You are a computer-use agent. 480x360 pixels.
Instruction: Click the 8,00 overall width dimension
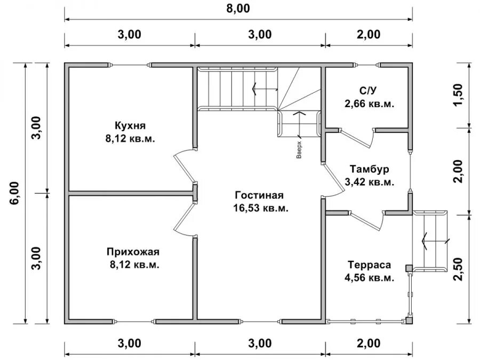[x=238, y=8]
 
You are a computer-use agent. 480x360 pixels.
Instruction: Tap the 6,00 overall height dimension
[x=15, y=193]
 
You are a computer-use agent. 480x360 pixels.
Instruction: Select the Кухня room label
[x=130, y=126]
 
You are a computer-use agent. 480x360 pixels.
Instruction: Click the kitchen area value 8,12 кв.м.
[x=130, y=139]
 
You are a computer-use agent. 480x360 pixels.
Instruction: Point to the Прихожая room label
[x=133, y=252]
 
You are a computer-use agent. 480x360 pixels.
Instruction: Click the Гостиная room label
[x=260, y=195]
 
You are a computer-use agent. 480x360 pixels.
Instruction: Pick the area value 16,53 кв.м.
[x=261, y=208]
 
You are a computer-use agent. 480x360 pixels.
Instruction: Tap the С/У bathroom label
[x=368, y=91]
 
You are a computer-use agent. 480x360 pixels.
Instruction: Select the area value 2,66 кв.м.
[x=370, y=104]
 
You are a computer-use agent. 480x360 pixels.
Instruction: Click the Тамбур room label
[x=370, y=169]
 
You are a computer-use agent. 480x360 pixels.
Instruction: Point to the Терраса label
[x=370, y=265]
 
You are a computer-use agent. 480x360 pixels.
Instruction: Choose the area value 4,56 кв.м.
[x=370, y=278]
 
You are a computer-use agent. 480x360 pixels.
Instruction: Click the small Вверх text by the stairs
[x=299, y=150]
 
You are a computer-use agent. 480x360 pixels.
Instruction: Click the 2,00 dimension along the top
[x=369, y=34]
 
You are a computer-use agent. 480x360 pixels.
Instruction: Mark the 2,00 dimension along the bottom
[x=369, y=343]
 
